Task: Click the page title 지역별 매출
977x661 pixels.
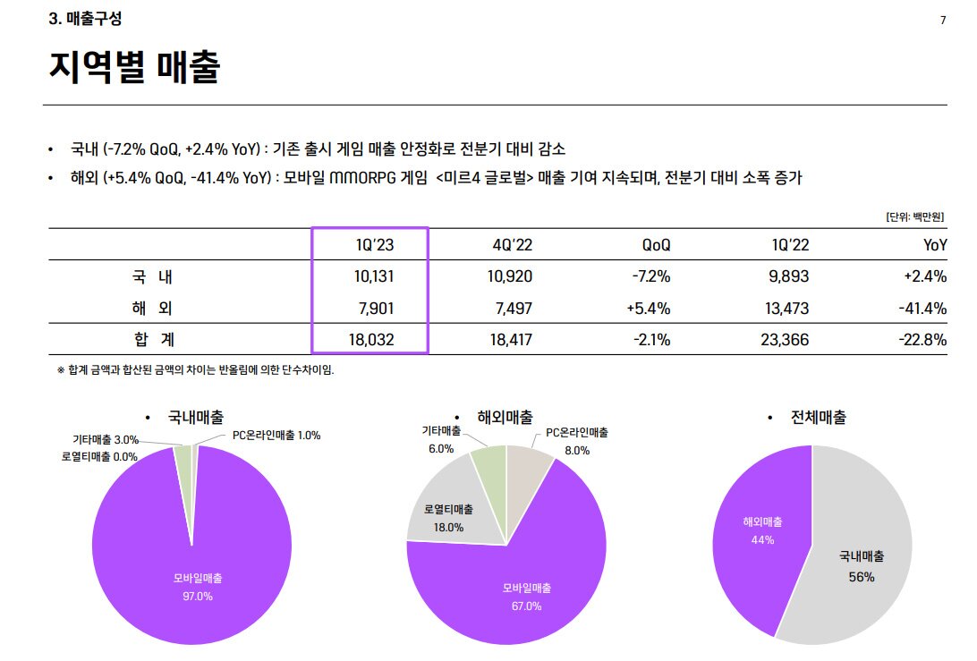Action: pyautogui.click(x=134, y=68)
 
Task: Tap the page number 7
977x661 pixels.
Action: pyautogui.click(x=943, y=21)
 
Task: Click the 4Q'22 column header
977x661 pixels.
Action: pyautogui.click(x=513, y=245)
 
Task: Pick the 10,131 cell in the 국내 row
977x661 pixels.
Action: pyautogui.click(x=374, y=276)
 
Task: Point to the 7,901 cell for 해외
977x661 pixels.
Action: pyautogui.click(x=377, y=309)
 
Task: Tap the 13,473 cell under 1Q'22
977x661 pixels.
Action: pyautogui.click(x=788, y=309)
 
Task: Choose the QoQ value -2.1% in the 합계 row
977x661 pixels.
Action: pyautogui.click(x=650, y=340)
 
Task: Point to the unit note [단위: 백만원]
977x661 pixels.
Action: pyautogui.click(x=915, y=216)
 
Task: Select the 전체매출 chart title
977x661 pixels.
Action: pyautogui.click(x=818, y=418)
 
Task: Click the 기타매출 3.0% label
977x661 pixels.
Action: pyautogui.click(x=106, y=439)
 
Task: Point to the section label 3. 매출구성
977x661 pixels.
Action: pyautogui.click(x=85, y=19)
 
